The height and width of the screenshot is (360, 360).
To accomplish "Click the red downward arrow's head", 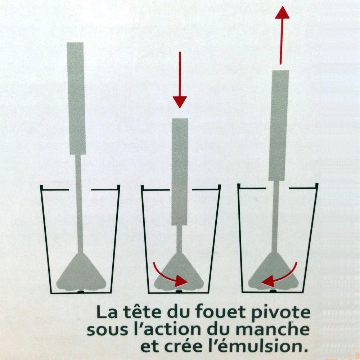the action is click(x=180, y=102).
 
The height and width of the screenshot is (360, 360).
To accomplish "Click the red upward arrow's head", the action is click(x=282, y=12).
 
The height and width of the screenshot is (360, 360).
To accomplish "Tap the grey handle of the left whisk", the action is click(x=76, y=98).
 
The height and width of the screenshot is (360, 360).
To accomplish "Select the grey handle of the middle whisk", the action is click(x=180, y=172).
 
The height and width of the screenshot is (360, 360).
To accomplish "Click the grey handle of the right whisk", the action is click(x=279, y=125).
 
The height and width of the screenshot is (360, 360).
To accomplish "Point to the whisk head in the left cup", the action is click(x=81, y=273).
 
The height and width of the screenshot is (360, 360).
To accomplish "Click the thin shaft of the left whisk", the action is click(x=79, y=203).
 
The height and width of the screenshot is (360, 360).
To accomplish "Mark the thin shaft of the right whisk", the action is click(x=275, y=216).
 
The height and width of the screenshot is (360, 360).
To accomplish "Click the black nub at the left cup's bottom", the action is click(x=81, y=292).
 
